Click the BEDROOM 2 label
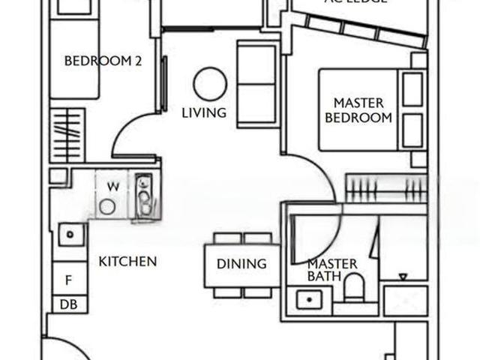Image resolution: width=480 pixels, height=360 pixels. click(x=103, y=62)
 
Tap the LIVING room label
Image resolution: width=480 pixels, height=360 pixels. click(x=204, y=113)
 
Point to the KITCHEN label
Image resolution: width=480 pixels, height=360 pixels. click(x=127, y=262)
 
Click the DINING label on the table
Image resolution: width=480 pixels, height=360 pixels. click(x=241, y=264)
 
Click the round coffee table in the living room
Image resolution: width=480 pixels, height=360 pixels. click(x=210, y=83)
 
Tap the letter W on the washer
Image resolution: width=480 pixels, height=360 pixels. click(x=112, y=186)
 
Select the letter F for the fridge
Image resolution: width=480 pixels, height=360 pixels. click(x=68, y=280)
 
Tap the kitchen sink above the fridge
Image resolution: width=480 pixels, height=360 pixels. click(x=70, y=235)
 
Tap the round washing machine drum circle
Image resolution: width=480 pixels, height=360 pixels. click(x=108, y=206)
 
